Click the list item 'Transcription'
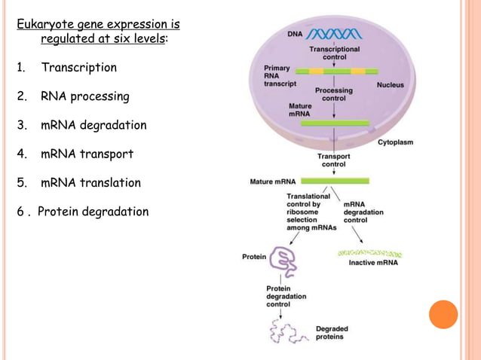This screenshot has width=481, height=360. tap(78, 68)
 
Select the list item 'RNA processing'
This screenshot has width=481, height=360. tap(84, 96)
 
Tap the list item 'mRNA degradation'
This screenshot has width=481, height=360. tap(93, 125)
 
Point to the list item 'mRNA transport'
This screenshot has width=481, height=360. tap(87, 154)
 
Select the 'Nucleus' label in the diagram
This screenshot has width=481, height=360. tap(390, 85)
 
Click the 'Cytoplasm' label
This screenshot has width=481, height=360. tap(395, 142)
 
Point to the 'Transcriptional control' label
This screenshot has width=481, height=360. tap(335, 52)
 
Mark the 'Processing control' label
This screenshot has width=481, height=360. tap(334, 94)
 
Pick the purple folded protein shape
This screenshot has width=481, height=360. tap(284, 258)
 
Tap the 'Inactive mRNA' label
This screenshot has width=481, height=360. tap(373, 263)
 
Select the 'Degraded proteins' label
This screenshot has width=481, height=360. tap(332, 332)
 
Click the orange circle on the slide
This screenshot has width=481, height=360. tap(443, 314)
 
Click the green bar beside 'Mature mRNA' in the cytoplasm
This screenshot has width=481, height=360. tap(335, 181)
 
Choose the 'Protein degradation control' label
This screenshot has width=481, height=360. tap(286, 296)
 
